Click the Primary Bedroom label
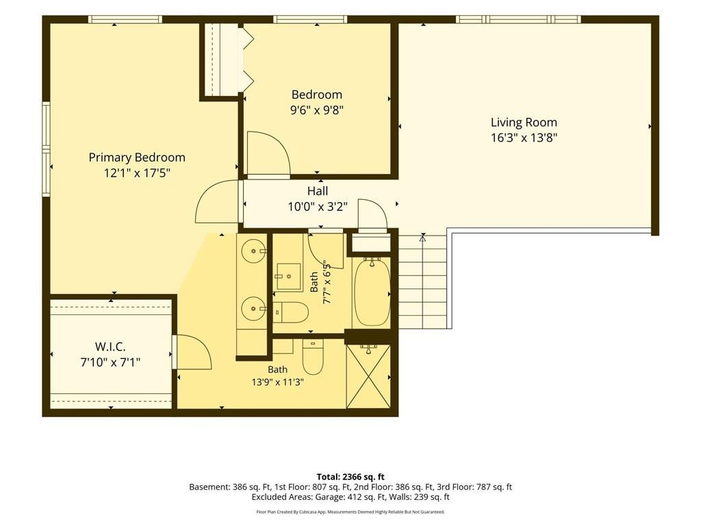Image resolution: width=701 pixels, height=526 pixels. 137,158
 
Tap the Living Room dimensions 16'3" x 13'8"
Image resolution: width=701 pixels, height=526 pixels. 524,137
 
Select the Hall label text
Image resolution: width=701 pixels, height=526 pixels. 318,191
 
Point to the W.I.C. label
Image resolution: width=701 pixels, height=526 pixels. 110,347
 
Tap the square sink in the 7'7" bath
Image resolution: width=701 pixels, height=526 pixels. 288,277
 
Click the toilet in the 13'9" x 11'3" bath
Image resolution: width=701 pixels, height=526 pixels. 313,356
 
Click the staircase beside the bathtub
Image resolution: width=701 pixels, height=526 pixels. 422,281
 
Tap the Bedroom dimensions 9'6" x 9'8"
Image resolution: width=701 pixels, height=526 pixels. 317,110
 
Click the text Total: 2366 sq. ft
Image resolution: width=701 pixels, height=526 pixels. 350,477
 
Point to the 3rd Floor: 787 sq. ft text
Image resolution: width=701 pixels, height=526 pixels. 479,487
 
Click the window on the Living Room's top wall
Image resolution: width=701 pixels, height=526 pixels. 519,19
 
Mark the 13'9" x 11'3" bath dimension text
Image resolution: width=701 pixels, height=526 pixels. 278,382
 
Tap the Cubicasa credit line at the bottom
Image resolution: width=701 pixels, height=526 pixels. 350,512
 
